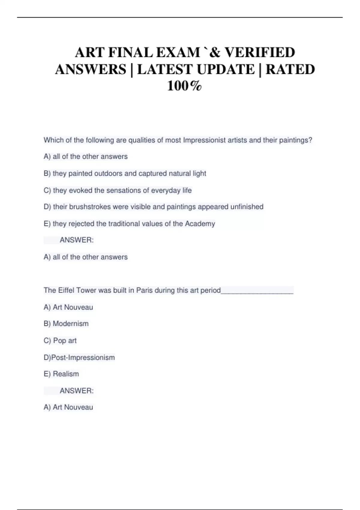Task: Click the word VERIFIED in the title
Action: pyautogui.click(x=260, y=52)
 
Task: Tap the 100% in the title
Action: pyautogui.click(x=184, y=86)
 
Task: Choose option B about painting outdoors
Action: pyautogui.click(x=125, y=173)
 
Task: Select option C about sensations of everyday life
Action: pyautogui.click(x=118, y=190)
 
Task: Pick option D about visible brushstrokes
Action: pyautogui.click(x=153, y=207)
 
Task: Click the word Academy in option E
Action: pyautogui.click(x=200, y=223)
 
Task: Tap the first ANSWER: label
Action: pyautogui.click(x=76, y=240)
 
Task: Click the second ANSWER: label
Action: pyautogui.click(x=76, y=391)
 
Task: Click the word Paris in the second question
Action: pyautogui.click(x=144, y=290)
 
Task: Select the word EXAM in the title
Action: pyautogui.click(x=178, y=52)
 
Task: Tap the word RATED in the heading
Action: pyautogui.click(x=290, y=69)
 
